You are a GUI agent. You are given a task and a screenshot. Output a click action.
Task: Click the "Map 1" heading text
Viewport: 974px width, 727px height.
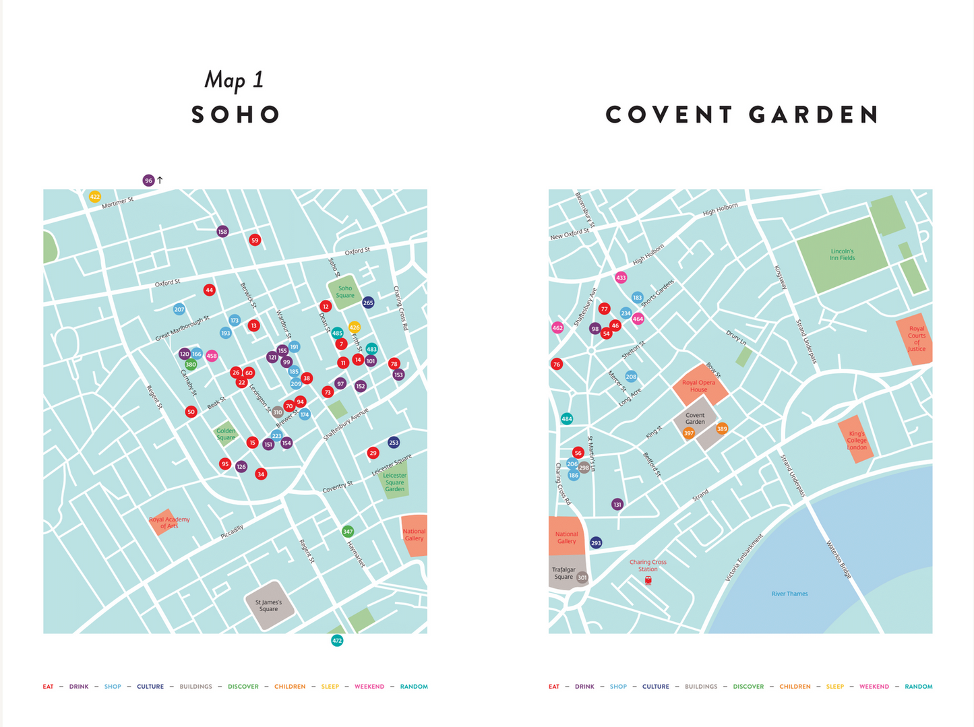[x=234, y=80]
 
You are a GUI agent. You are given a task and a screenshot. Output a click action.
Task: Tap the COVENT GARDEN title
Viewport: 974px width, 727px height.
[x=741, y=115]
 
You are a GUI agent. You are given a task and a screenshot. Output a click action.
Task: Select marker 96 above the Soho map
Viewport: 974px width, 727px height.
[x=149, y=181]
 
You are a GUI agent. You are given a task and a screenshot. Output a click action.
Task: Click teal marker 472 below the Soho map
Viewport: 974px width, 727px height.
[x=337, y=640]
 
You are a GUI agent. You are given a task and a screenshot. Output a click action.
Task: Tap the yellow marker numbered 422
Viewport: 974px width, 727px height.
[x=95, y=197]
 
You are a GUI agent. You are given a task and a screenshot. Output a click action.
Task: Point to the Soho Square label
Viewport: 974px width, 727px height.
[x=345, y=292]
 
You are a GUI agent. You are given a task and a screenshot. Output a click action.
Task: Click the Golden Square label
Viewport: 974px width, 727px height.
[x=226, y=434]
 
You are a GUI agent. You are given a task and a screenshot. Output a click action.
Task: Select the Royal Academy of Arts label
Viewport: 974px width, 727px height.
[x=169, y=522]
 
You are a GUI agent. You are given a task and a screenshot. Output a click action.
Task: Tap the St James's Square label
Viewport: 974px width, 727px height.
[x=268, y=606]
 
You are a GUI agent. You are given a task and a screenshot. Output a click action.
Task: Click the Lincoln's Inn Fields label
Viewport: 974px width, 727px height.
[x=843, y=254]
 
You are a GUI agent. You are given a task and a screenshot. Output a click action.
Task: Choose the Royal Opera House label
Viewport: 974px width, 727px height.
[x=698, y=386]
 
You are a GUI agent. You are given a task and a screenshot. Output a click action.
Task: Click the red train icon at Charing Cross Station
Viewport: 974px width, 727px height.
[x=648, y=580]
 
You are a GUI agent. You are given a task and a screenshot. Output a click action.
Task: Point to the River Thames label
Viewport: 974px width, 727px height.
[x=789, y=594]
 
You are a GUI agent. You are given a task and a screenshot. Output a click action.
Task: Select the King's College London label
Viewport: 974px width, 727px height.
[x=857, y=441]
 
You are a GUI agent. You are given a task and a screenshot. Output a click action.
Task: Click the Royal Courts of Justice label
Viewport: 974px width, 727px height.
[x=917, y=339]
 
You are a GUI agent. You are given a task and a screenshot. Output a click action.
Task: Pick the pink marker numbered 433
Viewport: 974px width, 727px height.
[x=621, y=278]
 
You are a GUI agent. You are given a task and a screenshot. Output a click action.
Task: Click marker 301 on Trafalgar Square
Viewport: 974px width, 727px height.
[x=582, y=577]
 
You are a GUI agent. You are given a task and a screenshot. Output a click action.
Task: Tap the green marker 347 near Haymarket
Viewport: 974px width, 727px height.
[x=348, y=532]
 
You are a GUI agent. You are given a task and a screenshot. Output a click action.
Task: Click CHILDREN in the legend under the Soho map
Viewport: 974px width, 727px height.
[x=290, y=687]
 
